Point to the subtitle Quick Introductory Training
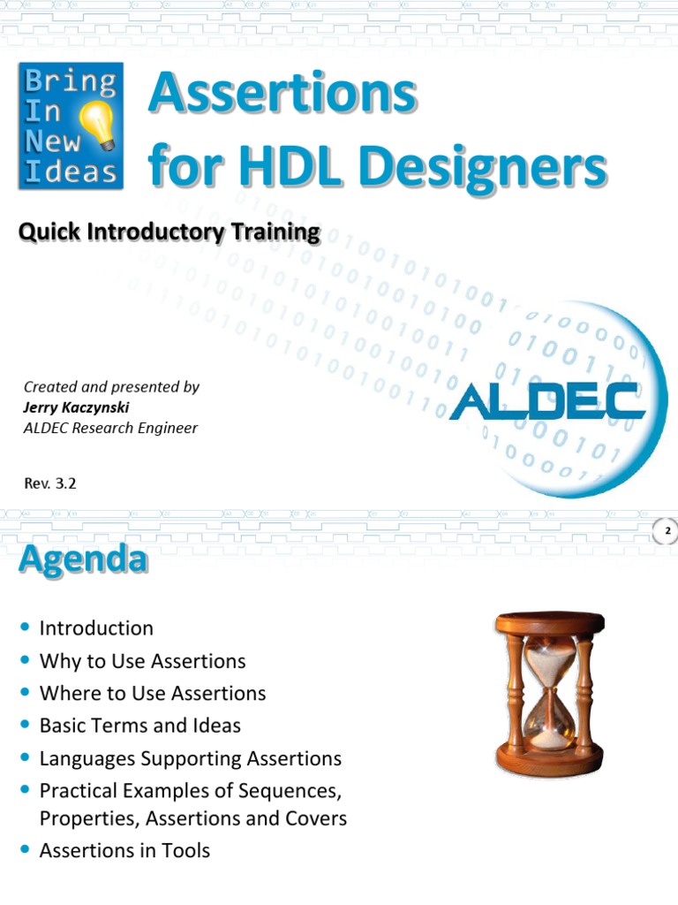pos(169,232)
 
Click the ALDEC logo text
pos(547,403)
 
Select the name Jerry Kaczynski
pos(76,407)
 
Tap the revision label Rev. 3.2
pos(56,483)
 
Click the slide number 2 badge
pos(667,531)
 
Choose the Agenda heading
pos(82,559)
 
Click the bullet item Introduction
pos(96,628)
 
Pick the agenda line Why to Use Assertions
pos(142,661)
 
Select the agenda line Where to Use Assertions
pos(153,694)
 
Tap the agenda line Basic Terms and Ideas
pos(139,726)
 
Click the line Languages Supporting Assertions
pos(190,758)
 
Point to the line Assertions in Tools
pos(124,851)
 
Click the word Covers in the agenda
pos(314,818)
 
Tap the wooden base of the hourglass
pos(549,759)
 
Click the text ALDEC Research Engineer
pos(110,429)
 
